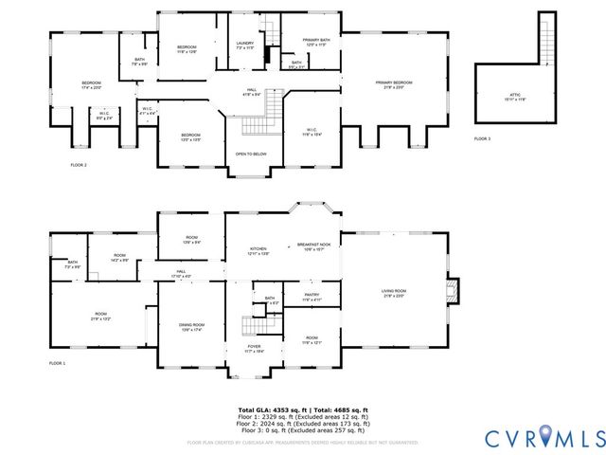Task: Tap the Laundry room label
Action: [x=244, y=45]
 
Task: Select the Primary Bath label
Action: [x=314, y=42]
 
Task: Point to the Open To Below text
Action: [x=251, y=154]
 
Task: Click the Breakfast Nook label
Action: [x=313, y=246]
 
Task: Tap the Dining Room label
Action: [x=192, y=328]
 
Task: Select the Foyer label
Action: [x=254, y=348]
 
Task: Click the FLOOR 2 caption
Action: [x=79, y=166]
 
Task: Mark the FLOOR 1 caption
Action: [x=58, y=363]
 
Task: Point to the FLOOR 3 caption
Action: [x=483, y=139]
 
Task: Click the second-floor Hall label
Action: [x=252, y=92]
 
